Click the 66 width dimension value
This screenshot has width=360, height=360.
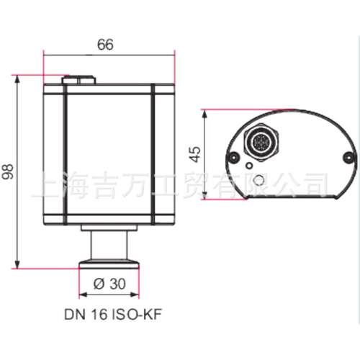coord(105,45)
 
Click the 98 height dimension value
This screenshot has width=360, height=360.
coord(8,171)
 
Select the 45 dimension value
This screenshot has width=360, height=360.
coord(195,154)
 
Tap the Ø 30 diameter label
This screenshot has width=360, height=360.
coord(109,284)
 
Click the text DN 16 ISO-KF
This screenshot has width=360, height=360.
coord(113,314)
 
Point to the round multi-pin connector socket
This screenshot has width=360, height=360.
coord(261,142)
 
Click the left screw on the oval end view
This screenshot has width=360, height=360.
coord(233,157)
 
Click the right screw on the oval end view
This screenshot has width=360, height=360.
coord(348,157)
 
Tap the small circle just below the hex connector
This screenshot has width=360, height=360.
coord(249,166)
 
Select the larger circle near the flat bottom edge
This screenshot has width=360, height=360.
coord(259,180)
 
